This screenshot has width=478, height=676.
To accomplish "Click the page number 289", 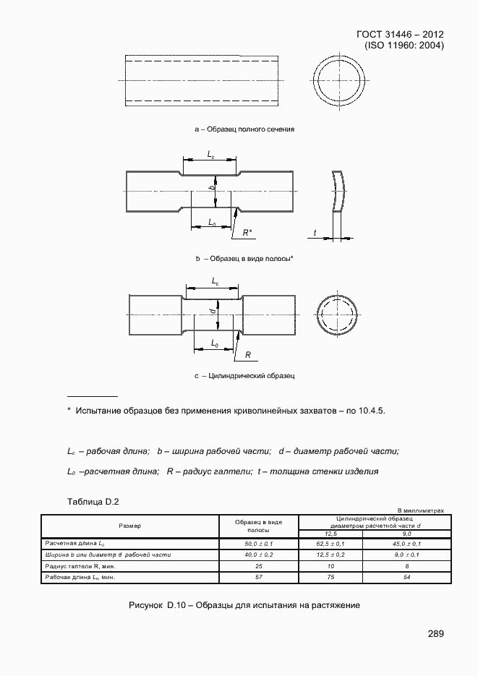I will pyautogui.click(x=435, y=634).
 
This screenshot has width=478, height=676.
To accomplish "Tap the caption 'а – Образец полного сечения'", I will pyautogui.click(x=244, y=129).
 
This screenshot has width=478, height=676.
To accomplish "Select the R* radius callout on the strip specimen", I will pyautogui.click(x=247, y=232).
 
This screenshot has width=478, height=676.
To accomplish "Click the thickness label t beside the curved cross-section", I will pyautogui.click(x=316, y=232).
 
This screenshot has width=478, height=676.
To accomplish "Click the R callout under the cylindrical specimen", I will pyautogui.click(x=247, y=355).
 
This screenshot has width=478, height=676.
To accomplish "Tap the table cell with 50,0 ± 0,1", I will pyautogui.click(x=258, y=543).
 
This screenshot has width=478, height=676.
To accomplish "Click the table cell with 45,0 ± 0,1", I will pyautogui.click(x=407, y=543).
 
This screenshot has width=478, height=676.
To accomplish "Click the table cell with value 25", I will pyautogui.click(x=258, y=566).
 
